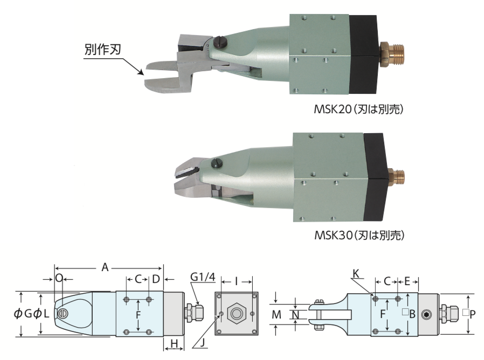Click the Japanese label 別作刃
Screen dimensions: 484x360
[102, 50]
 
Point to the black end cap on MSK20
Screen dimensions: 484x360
[364, 54]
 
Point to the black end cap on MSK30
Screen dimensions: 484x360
[376, 177]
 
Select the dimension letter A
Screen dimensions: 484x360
[105, 267]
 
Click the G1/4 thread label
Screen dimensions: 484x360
[203, 276]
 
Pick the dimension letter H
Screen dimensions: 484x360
[174, 343]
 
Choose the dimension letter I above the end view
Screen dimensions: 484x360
[237, 281]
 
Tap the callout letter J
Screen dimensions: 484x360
[202, 343]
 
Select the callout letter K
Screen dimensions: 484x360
[356, 274]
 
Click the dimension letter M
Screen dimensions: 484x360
[276, 315]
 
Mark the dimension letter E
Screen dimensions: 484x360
[407, 281]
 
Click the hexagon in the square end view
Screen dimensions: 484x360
[237, 314]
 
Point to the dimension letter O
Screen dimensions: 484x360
[59, 279]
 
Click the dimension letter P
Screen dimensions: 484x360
[472, 314]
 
